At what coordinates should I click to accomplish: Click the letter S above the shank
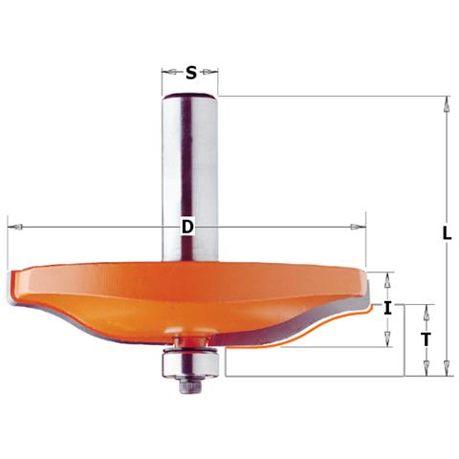pos(191,72)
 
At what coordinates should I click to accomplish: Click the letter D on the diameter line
pos(187,227)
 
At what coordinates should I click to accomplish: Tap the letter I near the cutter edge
pos(387,308)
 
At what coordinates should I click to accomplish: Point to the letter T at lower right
pos(426,338)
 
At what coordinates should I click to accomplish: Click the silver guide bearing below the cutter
pos(191,361)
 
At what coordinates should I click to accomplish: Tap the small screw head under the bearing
pos(191,382)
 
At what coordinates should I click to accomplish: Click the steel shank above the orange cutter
pos(191,172)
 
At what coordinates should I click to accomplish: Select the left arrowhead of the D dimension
pos(12,227)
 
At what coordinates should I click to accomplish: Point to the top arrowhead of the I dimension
pos(387,277)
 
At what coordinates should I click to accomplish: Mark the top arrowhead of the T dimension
pos(426,309)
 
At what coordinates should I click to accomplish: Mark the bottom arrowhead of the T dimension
pos(426,370)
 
